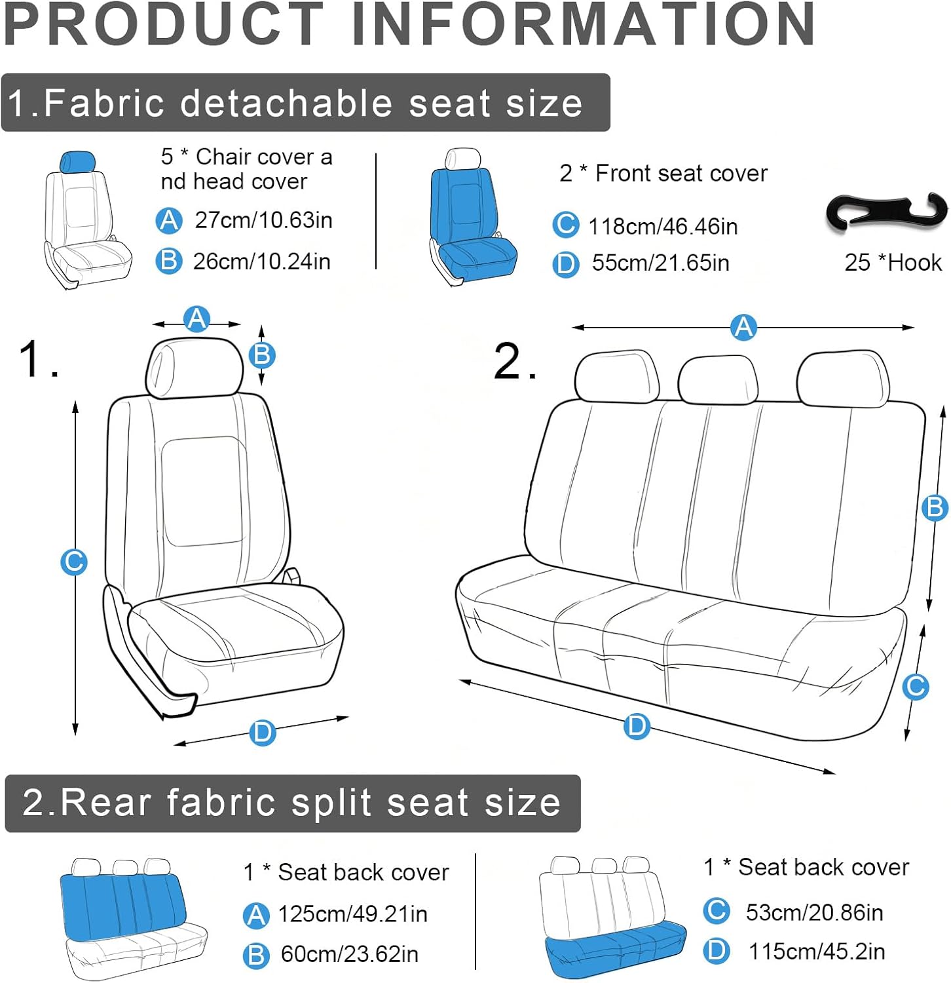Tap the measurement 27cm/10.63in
point(263,220)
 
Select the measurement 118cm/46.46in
point(663,227)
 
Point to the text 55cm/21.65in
point(660,263)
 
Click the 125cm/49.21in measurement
point(352,914)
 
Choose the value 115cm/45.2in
point(817,951)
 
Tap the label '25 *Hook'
point(893,263)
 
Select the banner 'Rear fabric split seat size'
point(293,803)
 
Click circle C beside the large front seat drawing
point(74,562)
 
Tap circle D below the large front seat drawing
point(262,732)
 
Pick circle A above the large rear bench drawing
point(743,326)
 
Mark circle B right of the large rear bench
point(935,508)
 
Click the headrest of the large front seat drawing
point(194,368)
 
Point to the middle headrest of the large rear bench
point(718,380)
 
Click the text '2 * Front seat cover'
point(663,173)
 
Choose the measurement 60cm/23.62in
point(349,954)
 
